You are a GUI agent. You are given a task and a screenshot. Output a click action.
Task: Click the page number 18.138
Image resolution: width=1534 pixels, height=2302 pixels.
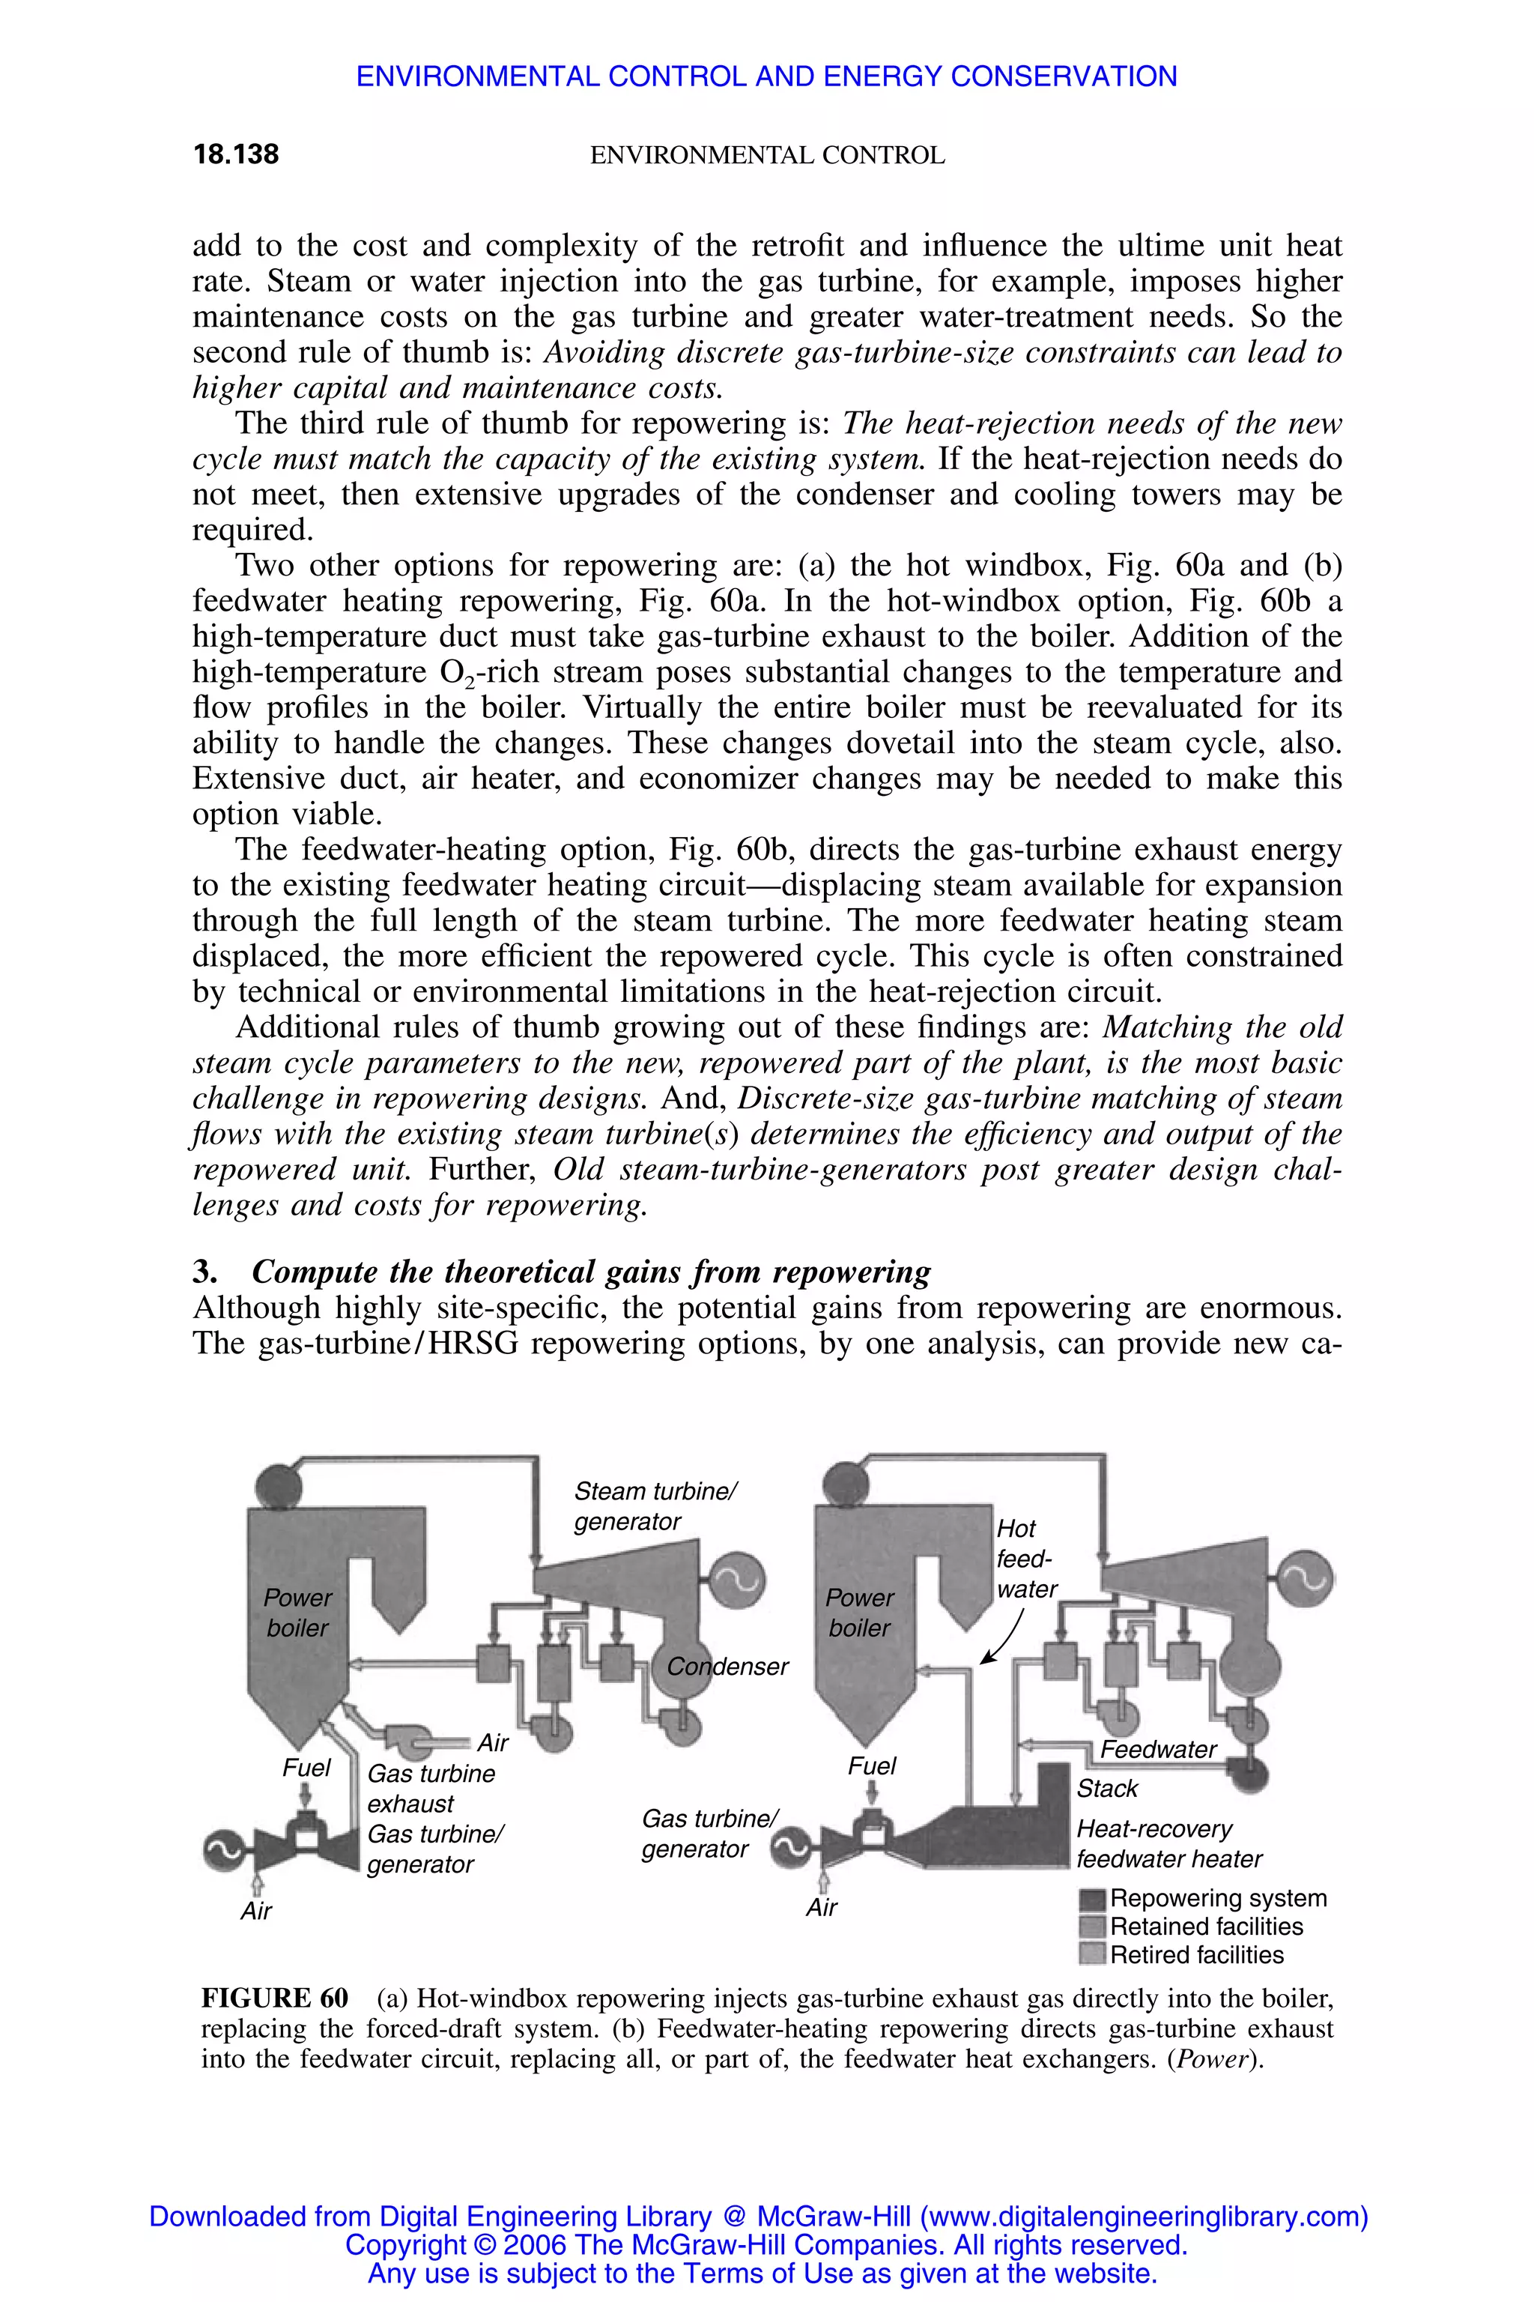click(x=236, y=154)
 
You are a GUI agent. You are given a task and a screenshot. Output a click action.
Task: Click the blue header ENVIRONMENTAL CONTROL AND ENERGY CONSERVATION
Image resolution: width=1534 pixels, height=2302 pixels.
click(x=766, y=76)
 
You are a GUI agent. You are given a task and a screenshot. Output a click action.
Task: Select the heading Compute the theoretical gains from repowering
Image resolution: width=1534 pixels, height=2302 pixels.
click(x=590, y=1272)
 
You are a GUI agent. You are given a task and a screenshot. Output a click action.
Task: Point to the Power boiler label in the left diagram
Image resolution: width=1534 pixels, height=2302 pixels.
click(x=297, y=1612)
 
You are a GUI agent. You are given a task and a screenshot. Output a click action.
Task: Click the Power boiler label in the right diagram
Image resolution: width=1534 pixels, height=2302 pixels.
click(x=859, y=1612)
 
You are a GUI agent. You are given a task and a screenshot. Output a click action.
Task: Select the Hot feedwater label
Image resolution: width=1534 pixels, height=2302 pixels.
click(x=1025, y=1558)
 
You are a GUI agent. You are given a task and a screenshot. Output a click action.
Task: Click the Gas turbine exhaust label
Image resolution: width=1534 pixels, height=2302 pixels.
click(x=431, y=1788)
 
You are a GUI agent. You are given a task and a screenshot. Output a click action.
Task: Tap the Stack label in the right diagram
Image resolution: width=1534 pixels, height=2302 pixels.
click(x=1106, y=1788)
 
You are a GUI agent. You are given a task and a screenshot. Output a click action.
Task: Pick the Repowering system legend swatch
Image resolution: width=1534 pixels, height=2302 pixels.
click(x=1092, y=1900)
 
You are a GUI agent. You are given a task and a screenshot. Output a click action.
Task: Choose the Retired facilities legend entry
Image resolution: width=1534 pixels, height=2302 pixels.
click(x=1195, y=1954)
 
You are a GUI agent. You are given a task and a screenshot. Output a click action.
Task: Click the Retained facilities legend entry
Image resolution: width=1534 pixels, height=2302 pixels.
click(x=1205, y=1926)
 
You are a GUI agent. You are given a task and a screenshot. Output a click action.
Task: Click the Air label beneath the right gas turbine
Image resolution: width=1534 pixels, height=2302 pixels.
click(x=822, y=1906)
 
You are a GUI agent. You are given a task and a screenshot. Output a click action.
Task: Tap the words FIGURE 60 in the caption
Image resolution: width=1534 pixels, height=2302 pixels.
click(x=274, y=1998)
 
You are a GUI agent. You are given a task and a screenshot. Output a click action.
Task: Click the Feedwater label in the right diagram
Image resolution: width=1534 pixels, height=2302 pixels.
click(x=1158, y=1749)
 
